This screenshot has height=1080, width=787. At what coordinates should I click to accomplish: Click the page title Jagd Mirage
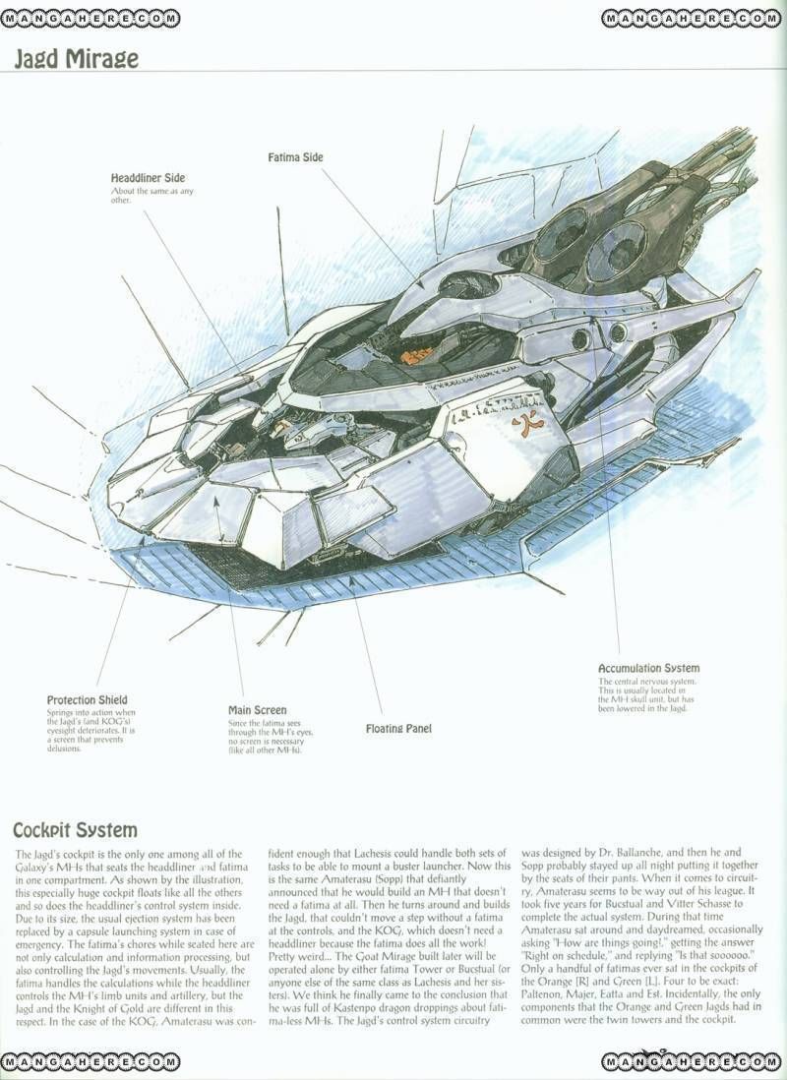point(76,58)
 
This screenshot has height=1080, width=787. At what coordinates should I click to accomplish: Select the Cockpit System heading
point(76,831)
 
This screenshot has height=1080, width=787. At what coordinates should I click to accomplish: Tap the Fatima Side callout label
point(295,157)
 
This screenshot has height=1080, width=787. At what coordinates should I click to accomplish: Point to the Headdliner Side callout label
point(148,178)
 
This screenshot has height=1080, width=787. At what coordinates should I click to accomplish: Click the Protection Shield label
point(87,700)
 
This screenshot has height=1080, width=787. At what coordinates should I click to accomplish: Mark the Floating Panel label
point(397,729)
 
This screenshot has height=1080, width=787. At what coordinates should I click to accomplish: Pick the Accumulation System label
point(648,669)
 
